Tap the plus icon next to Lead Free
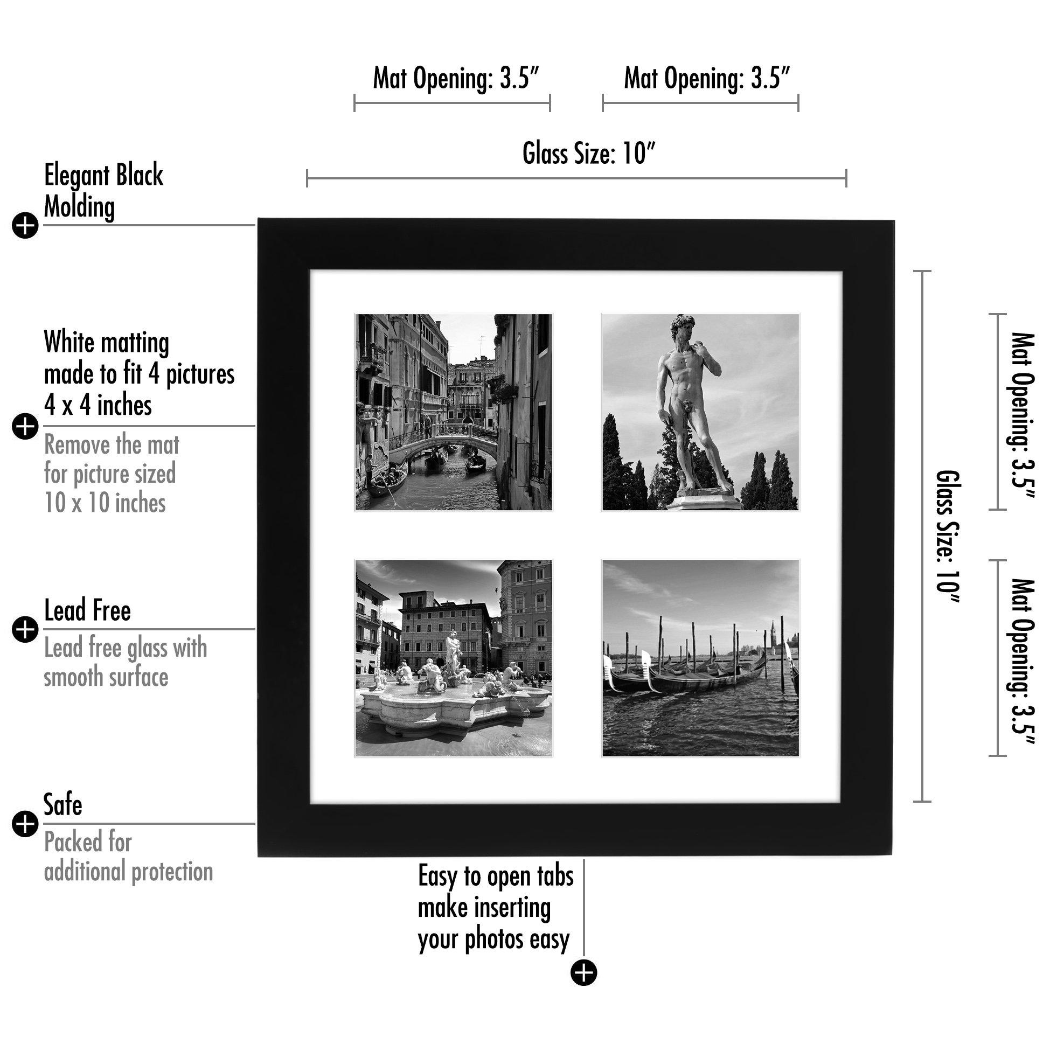(25, 630)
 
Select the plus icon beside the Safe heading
(25, 824)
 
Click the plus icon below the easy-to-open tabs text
(584, 972)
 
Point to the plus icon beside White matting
(25, 426)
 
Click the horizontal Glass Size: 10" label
(589, 153)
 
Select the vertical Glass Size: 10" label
(948, 537)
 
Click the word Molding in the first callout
(79, 207)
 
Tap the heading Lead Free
(87, 611)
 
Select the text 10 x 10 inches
(105, 503)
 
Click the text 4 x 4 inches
(98, 406)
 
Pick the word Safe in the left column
(63, 805)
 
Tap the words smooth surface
(106, 678)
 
